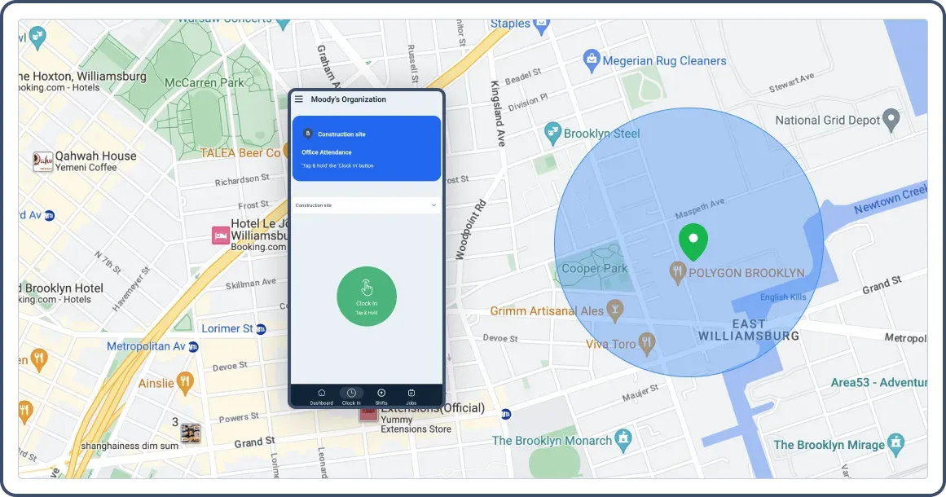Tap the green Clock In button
(x=367, y=296)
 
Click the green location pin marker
(x=693, y=240)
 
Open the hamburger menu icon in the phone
(x=299, y=99)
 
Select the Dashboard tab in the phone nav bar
(x=321, y=396)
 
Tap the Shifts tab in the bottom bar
(x=381, y=396)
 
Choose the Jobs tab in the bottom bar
(x=411, y=396)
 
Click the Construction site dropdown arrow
(x=433, y=205)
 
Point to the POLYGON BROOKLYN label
(x=746, y=273)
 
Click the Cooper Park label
(x=595, y=268)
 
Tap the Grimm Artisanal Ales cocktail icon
(x=615, y=310)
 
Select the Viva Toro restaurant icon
(x=648, y=343)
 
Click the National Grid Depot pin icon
(x=892, y=120)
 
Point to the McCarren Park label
(x=204, y=82)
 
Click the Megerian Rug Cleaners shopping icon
(x=592, y=59)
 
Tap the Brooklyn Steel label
(x=601, y=134)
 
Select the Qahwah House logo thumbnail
(x=42, y=161)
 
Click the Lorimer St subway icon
(x=262, y=329)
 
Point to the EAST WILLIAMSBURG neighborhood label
(x=748, y=329)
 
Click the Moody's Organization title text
(x=348, y=99)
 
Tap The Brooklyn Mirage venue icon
(x=896, y=444)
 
